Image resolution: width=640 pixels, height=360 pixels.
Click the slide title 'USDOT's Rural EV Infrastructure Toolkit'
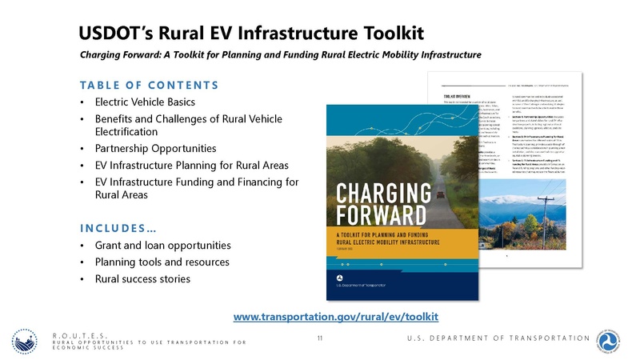click(x=250, y=32)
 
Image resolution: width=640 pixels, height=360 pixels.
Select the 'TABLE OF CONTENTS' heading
click(x=149, y=85)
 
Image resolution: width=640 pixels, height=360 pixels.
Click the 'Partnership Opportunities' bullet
click(x=155, y=149)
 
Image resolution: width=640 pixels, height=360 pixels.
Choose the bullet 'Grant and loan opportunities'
click(x=163, y=245)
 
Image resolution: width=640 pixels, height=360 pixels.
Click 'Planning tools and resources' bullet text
click(x=162, y=262)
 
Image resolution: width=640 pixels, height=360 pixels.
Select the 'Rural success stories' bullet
click(x=142, y=279)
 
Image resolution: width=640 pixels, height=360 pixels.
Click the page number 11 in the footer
click(x=319, y=339)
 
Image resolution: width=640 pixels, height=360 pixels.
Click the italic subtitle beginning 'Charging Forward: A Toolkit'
click(x=280, y=55)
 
